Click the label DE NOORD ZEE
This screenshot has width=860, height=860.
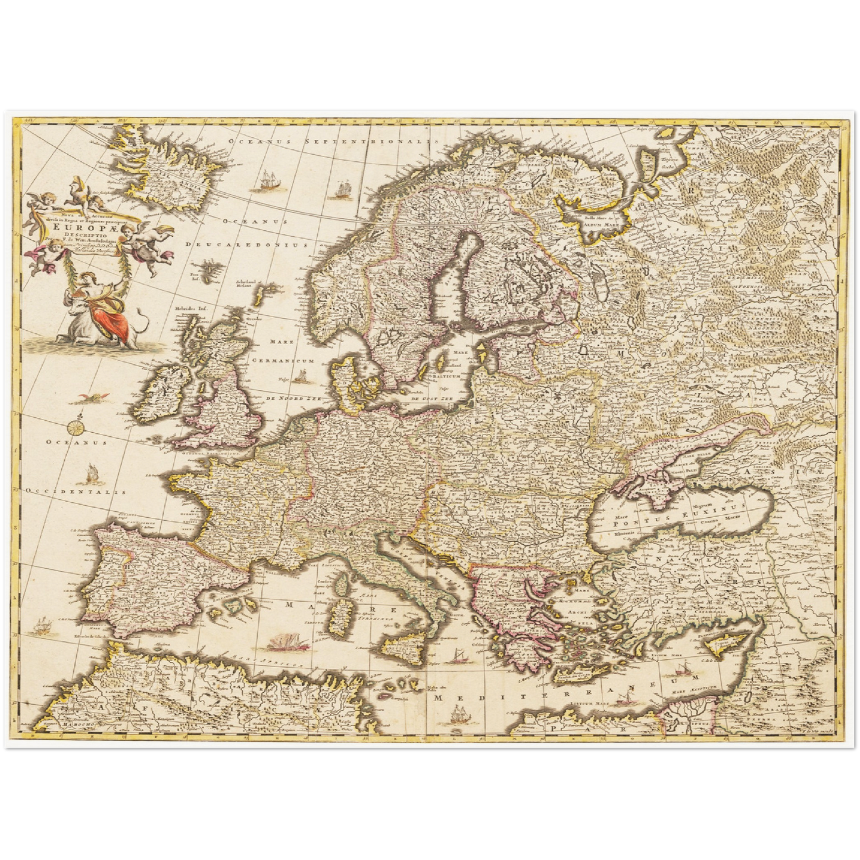[x=289, y=398]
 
